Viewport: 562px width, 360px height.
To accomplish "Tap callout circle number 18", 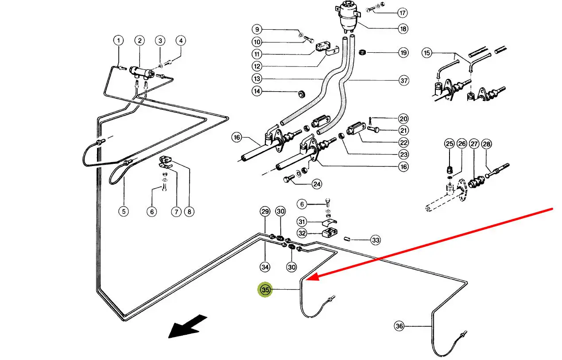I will [403, 29].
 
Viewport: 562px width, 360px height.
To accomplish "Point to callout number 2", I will [140, 41].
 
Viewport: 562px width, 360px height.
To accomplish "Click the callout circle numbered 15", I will [426, 53].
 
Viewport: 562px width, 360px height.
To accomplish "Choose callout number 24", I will [316, 184].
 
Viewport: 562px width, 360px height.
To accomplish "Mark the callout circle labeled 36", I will [399, 326].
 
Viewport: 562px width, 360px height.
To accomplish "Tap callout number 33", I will [376, 240].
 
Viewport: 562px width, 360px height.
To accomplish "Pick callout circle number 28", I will [486, 144].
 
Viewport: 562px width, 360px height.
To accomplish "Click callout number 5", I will [124, 212].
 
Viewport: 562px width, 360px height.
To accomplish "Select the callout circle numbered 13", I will [257, 79].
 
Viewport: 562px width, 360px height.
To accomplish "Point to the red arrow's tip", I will [307, 279].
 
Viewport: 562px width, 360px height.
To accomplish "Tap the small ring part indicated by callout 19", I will [362, 52].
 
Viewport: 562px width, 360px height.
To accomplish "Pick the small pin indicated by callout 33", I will [348, 239].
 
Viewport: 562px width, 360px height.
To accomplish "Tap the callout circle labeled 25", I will [450, 144].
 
